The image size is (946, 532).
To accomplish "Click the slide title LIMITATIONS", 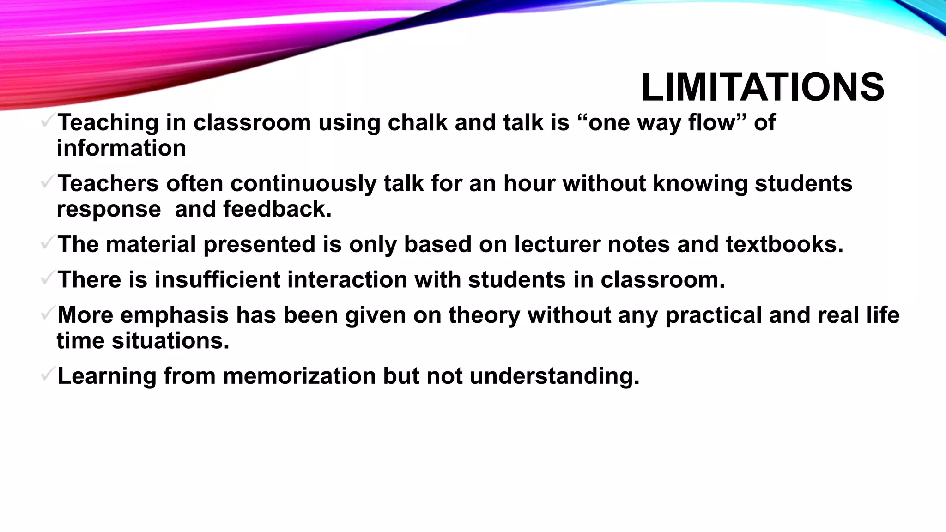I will click(x=763, y=87).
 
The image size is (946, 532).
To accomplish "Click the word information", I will click(x=121, y=148).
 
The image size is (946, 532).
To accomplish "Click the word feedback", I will click(x=277, y=209).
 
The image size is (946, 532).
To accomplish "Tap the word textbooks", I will click(x=784, y=244).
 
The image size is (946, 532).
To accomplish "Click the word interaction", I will click(x=346, y=280).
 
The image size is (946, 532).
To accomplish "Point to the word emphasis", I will click(x=175, y=315).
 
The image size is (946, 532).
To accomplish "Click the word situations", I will click(x=170, y=341).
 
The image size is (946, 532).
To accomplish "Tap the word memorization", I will click(x=299, y=376).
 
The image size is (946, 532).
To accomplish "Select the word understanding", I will click(x=554, y=376).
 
